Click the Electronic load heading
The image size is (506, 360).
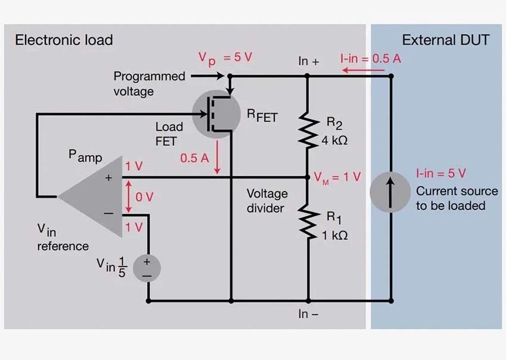[64, 41]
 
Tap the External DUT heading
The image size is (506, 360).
[445, 41]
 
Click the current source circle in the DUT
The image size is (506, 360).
[391, 193]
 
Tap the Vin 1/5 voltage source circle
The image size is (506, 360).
[146, 268]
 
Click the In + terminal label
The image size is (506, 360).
[308, 61]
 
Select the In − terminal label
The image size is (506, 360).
[308, 314]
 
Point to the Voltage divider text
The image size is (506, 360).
[267, 201]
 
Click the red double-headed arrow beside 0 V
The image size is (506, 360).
[129, 196]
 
